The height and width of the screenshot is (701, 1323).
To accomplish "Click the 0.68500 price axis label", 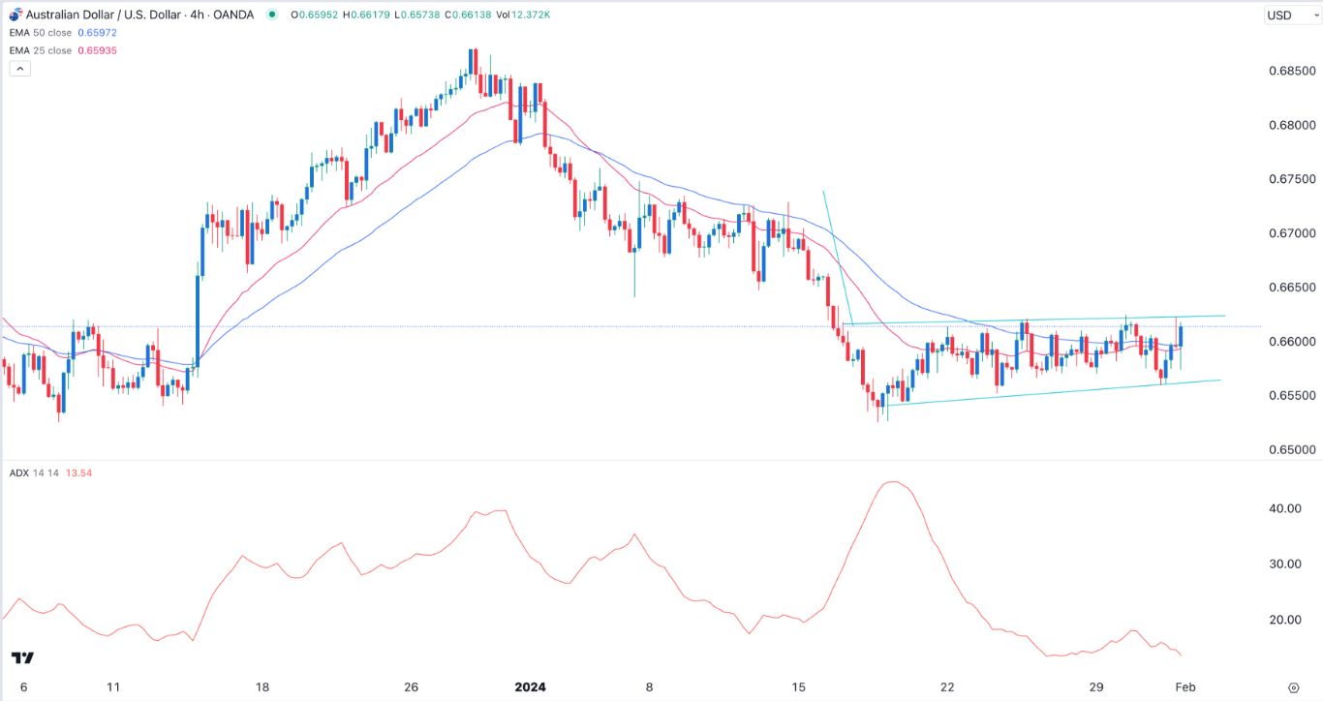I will (x=1288, y=72).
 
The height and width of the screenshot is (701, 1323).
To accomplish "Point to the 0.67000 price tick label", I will (x=1288, y=233).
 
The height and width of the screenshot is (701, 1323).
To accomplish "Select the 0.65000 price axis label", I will (x=1288, y=450).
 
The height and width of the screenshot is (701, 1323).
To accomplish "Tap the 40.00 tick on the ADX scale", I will (x=1288, y=508).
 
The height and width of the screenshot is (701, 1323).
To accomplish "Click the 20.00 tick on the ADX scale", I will (x=1288, y=620).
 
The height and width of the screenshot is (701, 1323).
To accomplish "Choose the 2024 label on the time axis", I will (x=530, y=687).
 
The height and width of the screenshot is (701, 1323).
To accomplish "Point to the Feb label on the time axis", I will (x=1185, y=687).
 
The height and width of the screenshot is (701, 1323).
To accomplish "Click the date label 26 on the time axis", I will (x=411, y=687).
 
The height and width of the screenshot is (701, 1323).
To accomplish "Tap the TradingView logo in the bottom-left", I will (x=23, y=658).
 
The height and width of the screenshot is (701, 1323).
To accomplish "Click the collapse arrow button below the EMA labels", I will (x=19, y=69).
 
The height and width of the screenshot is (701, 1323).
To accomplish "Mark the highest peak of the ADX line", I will (x=893, y=482).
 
